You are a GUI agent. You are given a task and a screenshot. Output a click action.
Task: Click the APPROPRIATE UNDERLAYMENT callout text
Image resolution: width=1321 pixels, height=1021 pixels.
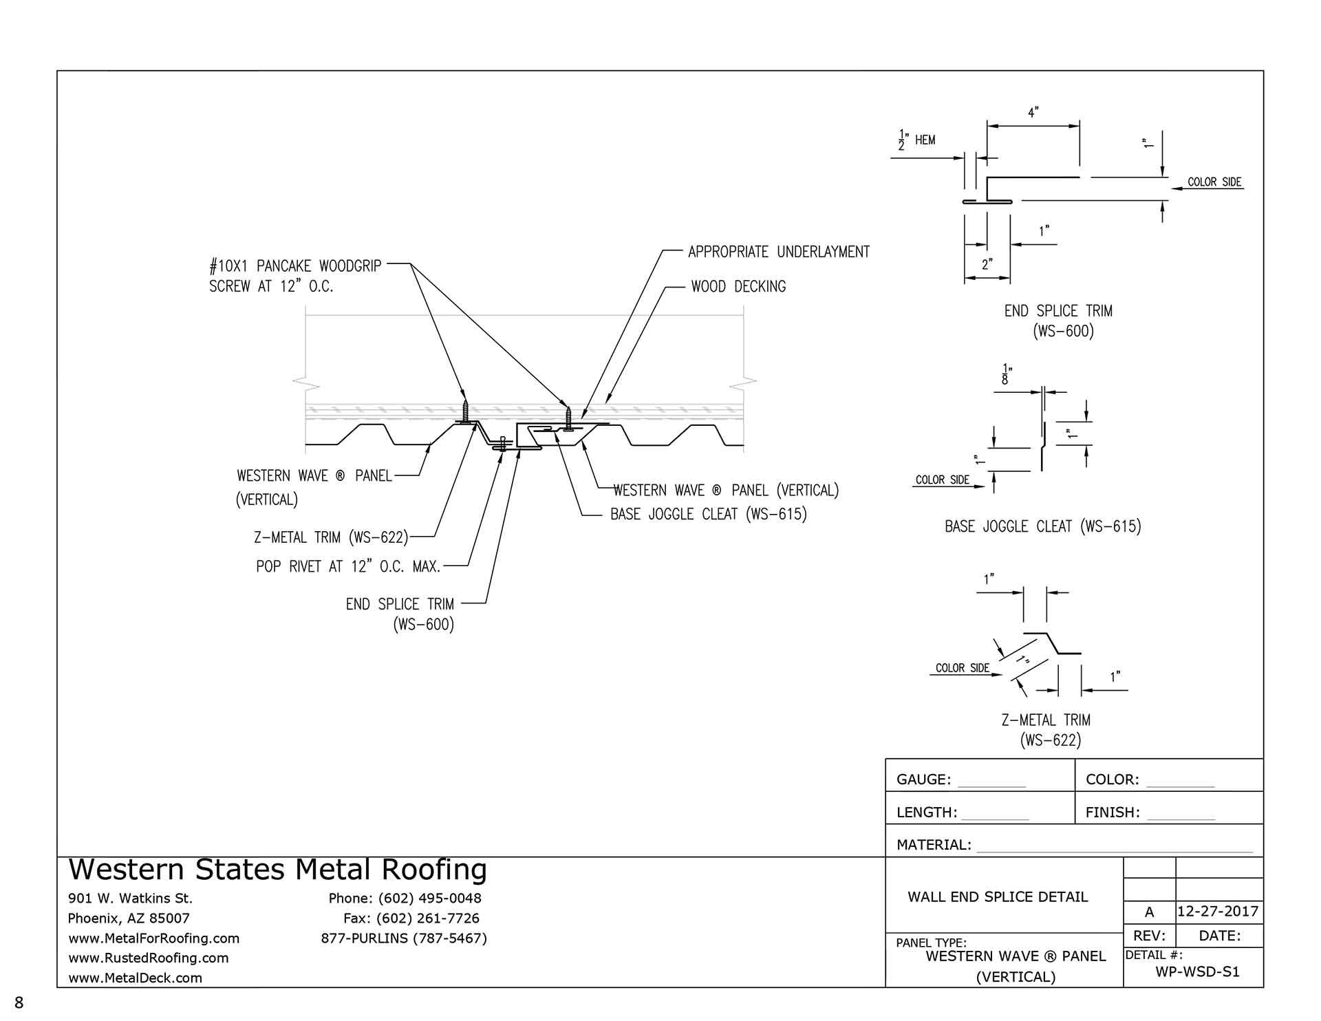[779, 252]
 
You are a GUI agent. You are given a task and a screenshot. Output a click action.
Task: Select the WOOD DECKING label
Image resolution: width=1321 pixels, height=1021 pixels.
[738, 286]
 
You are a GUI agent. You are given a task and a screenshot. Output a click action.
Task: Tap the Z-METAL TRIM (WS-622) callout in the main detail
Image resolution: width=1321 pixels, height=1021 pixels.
[331, 537]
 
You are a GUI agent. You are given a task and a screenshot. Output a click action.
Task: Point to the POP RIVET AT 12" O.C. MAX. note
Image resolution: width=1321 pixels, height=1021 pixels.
[348, 566]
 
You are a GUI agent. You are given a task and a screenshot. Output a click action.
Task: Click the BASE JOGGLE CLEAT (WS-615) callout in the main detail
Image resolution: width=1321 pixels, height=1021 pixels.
[709, 514]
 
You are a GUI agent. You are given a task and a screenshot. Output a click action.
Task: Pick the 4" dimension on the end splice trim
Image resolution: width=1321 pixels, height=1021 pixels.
[1033, 112]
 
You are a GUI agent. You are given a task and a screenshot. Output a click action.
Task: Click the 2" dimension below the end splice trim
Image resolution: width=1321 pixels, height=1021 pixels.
[987, 264]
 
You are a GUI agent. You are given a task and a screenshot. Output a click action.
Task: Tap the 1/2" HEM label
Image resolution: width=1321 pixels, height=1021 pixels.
[917, 140]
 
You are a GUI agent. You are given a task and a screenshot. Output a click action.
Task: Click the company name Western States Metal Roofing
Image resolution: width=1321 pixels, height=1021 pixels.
[278, 870]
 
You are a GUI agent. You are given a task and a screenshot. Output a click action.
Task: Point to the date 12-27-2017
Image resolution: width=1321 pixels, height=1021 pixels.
[1218, 912]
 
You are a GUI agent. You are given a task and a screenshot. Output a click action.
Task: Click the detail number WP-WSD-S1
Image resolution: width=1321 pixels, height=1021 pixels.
[1197, 971]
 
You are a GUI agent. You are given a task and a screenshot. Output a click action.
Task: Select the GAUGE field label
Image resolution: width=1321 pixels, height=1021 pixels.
[924, 780]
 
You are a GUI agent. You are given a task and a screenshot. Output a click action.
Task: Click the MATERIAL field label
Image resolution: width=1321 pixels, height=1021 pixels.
[934, 845]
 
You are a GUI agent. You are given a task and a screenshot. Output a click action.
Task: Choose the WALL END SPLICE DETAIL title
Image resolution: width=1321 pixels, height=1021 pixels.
[998, 896]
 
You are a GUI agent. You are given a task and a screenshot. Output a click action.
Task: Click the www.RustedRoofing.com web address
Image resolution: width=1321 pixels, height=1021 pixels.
[149, 958]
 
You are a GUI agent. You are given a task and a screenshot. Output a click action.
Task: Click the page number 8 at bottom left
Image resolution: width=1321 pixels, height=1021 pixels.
[19, 1002]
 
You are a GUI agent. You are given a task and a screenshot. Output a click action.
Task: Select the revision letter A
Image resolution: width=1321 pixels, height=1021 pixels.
[1149, 912]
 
